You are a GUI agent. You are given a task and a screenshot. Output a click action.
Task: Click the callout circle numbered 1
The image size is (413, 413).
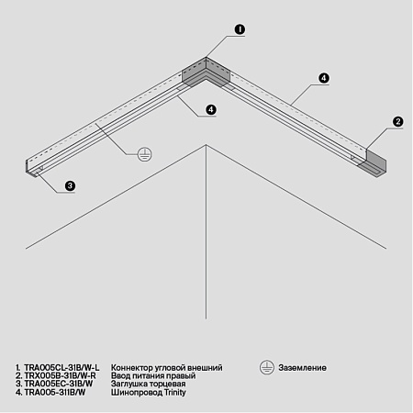239,29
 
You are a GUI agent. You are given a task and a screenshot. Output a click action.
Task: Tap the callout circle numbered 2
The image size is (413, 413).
397,121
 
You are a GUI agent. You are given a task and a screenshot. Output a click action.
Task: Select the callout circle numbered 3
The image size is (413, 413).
71,185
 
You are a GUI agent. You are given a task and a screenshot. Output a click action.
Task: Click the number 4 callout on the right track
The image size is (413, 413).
324,78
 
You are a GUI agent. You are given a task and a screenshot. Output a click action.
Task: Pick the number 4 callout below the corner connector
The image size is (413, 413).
211,109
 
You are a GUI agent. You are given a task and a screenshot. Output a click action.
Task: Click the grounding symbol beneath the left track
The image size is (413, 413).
143,155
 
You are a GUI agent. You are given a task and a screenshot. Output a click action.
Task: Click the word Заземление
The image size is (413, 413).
301,367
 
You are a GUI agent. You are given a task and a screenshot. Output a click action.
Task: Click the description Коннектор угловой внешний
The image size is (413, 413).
166,367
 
